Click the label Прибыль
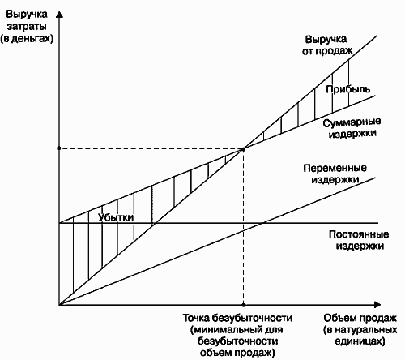pos(347,89)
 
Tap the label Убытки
pos(116,217)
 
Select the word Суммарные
pos(352,122)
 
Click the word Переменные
pos(335,168)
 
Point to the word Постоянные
pos(359,234)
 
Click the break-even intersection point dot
pos(243,148)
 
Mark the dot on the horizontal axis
pos(244,305)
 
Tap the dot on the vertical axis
pos(59,148)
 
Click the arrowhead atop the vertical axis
pos(59,15)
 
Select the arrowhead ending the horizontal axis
pos(377,305)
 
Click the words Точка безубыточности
pos(237,318)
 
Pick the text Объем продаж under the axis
pos(360,318)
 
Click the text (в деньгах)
pos(27,39)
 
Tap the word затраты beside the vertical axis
pos(27,27)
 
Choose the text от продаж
pos(327,51)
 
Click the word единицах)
pos(360,341)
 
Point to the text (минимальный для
pos(237,330)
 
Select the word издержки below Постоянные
pos(360,246)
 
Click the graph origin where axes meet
pos(59,305)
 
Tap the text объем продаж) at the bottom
pos(237,353)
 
